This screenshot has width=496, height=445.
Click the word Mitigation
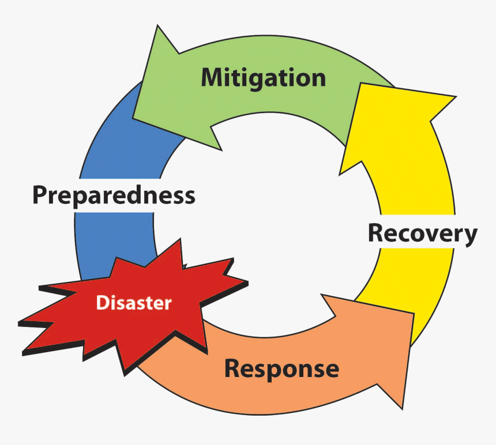[263, 78]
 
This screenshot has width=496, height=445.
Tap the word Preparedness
[114, 195]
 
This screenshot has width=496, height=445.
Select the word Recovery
[422, 234]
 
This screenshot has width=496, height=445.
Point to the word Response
[281, 368]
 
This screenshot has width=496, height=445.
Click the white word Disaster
[134, 303]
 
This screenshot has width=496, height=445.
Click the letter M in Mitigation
[213, 77]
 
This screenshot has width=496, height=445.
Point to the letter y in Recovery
[470, 236]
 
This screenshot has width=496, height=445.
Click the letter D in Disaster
[102, 303]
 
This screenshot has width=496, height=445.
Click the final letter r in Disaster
[168, 304]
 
